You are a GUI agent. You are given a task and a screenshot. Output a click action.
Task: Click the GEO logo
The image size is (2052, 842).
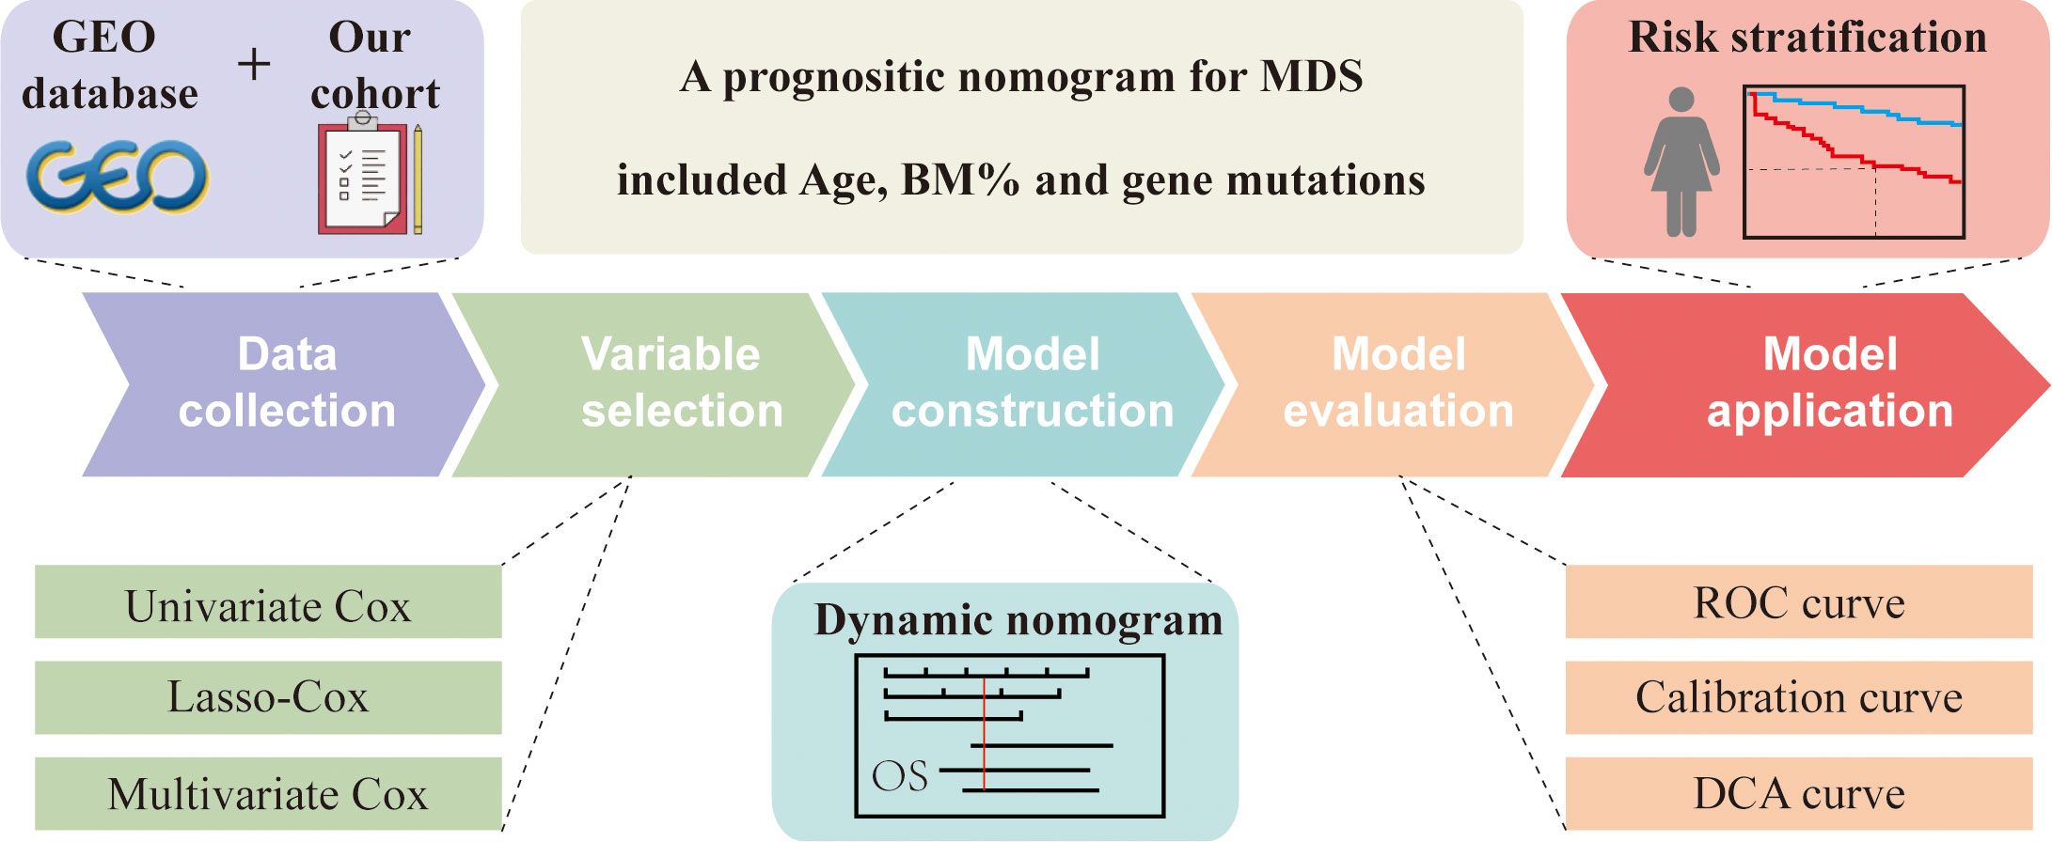117,177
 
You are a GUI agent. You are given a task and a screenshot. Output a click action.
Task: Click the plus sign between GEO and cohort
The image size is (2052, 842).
253,65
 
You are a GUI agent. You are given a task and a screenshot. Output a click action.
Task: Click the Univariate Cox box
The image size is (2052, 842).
268,602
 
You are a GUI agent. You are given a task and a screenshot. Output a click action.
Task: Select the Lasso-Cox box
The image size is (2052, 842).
268,697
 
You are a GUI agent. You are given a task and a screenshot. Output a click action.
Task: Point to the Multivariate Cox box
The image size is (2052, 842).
268,794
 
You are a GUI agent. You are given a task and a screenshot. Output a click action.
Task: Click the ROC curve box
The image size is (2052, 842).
1799,602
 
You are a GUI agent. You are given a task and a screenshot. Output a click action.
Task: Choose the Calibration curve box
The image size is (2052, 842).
1799,697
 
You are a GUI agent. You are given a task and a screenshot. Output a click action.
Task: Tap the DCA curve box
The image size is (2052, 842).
1799,794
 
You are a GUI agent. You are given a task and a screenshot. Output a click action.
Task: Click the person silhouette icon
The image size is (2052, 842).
1681,162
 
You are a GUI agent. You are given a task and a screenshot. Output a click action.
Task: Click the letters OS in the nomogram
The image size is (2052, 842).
900,777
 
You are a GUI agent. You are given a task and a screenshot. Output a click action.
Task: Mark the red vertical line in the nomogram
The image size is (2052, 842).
984,733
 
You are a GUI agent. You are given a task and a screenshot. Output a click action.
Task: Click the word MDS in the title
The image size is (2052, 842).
1312,77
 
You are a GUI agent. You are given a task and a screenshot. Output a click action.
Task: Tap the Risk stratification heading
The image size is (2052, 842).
1807,38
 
